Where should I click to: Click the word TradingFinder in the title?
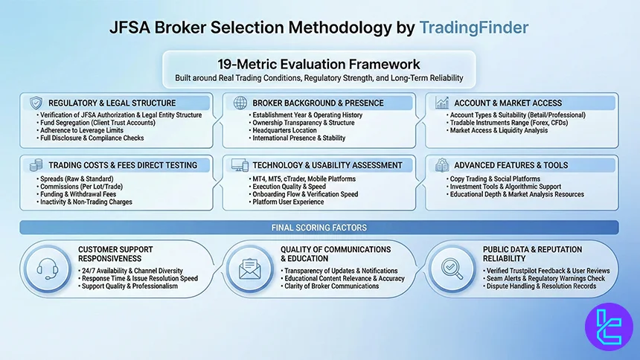pyautogui.click(x=474, y=28)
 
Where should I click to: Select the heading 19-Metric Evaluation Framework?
pyautogui.click(x=319, y=65)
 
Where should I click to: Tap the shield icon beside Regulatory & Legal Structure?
pyautogui.click(x=36, y=103)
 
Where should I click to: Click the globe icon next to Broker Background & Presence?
pyautogui.click(x=240, y=103)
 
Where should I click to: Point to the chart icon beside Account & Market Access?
pyautogui.click(x=442, y=103)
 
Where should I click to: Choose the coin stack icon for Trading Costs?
pyautogui.click(x=36, y=165)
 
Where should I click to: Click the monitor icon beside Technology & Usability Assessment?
pyautogui.click(x=240, y=165)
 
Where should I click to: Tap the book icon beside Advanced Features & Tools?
pyautogui.click(x=442, y=165)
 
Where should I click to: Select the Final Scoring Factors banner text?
pyautogui.click(x=319, y=228)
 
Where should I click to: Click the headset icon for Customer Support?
pyautogui.click(x=47, y=268)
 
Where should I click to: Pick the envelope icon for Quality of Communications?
pyautogui.click(x=249, y=269)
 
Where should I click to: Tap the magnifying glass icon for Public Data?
pyautogui.click(x=452, y=269)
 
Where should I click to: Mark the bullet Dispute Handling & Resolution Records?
pyautogui.click(x=540, y=286)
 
